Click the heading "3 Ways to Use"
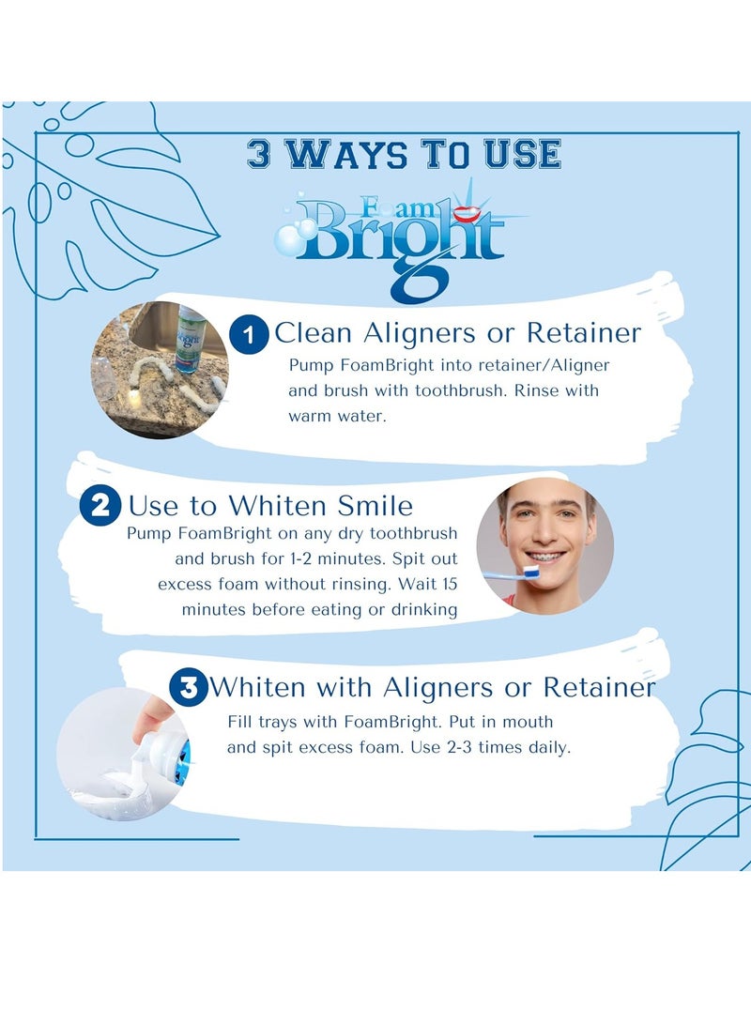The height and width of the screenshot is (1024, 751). pos(404,153)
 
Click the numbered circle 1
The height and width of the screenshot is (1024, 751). pos(249,335)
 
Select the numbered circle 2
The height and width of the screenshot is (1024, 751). pos(100,507)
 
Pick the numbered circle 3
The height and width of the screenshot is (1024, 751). pos(189,688)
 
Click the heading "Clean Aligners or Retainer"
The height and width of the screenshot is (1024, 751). pos(457,333)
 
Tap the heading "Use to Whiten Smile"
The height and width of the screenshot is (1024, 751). pos(270,507)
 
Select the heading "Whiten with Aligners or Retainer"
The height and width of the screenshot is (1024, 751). pos(432,688)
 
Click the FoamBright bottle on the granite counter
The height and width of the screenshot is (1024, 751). pos(192,338)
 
